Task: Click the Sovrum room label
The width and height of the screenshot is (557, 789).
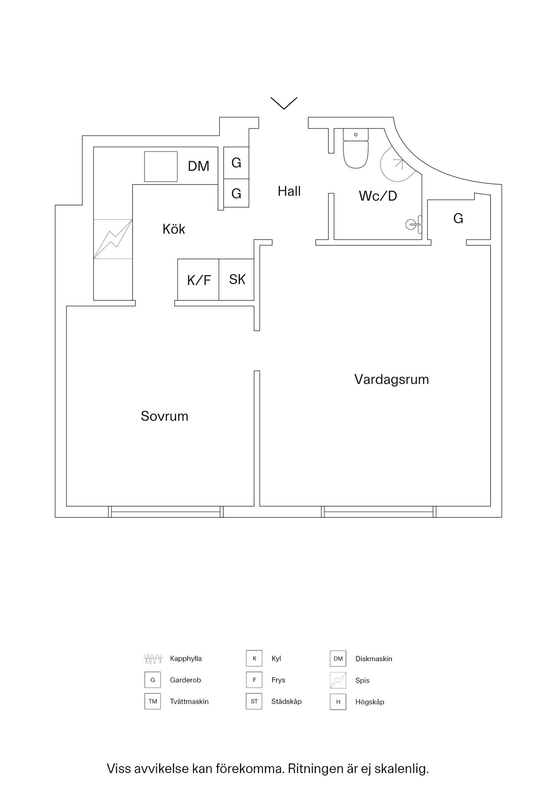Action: (164, 416)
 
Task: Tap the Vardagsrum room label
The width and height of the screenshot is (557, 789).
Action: (391, 379)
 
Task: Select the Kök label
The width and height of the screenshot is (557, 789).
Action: (174, 229)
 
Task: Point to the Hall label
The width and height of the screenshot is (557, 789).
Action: (289, 191)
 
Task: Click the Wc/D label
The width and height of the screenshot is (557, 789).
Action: (378, 196)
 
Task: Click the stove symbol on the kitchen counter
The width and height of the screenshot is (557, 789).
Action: (113, 239)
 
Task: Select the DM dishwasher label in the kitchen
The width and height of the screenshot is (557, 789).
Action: (198, 166)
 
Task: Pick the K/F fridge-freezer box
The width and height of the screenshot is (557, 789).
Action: (198, 280)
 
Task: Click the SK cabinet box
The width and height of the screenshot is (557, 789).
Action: (237, 279)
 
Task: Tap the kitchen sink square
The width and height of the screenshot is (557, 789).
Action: (161, 166)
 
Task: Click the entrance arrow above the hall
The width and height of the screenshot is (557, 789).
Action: (284, 103)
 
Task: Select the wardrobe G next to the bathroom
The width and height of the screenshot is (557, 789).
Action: (458, 219)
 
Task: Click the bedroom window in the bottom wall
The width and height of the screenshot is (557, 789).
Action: (166, 512)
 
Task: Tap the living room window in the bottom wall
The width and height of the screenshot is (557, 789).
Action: (378, 512)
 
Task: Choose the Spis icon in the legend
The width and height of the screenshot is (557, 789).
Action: (338, 680)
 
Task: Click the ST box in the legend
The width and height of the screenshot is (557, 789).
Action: (254, 701)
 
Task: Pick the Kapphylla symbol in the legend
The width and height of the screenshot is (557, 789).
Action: (153, 659)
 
